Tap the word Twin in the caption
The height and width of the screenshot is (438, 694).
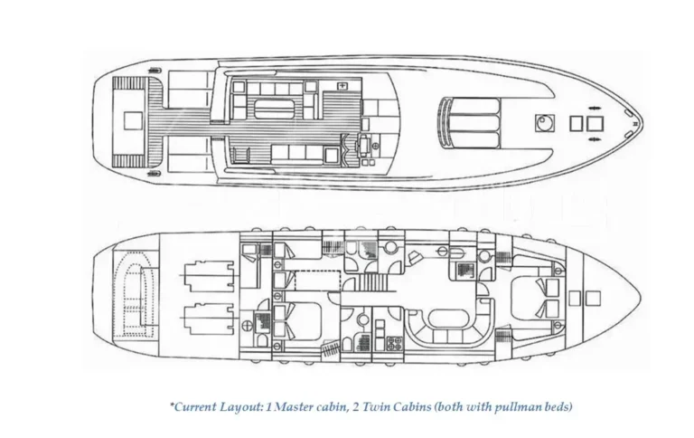pyautogui.click(x=375, y=406)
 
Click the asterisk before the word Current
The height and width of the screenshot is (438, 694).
pyautogui.click(x=172, y=404)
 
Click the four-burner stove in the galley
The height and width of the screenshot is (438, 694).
pyautogui.click(x=395, y=343)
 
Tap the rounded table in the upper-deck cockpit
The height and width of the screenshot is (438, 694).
pyautogui.click(x=274, y=109)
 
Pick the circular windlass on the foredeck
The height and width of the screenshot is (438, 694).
pyautogui.click(x=544, y=123)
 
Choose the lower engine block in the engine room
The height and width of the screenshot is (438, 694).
pyautogui.click(x=208, y=319)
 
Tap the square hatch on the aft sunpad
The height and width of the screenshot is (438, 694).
pyautogui.click(x=133, y=120)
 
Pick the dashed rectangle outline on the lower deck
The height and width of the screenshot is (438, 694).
pyautogui.click(x=317, y=281)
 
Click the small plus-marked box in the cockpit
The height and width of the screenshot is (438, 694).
pyautogui.click(x=342, y=86)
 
